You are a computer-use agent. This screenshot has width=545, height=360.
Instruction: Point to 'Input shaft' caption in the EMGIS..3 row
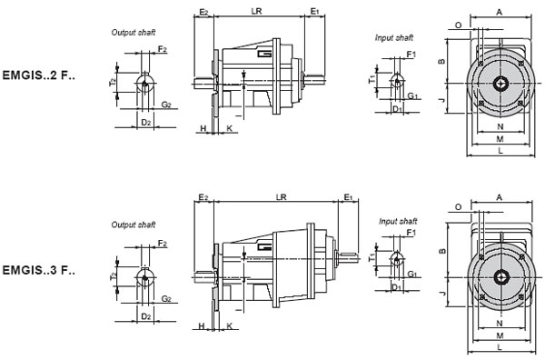tap(396, 221)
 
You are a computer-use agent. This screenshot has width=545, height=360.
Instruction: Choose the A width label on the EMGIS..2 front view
tap(500, 11)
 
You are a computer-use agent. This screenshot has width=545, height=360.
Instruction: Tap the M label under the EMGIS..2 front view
tap(500, 139)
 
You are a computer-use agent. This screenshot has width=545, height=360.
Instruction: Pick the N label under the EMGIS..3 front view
tap(500, 324)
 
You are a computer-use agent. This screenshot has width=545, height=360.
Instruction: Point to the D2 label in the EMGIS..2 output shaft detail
tap(144, 121)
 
